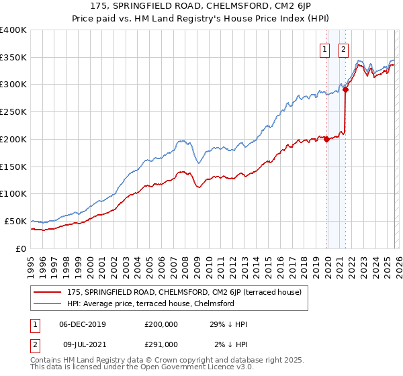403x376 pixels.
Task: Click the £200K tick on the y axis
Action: (x=13, y=139)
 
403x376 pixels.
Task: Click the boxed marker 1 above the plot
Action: (x=325, y=48)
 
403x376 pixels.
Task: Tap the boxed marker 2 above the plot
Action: (x=344, y=48)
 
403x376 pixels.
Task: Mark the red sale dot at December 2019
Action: (x=326, y=139)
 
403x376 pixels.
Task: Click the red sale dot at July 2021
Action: (x=345, y=89)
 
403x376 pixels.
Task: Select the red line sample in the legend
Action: (x=48, y=292)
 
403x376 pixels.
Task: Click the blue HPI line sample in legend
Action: (x=48, y=303)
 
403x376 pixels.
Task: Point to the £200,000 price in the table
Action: (x=161, y=324)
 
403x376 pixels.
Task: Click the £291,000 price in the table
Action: (x=161, y=344)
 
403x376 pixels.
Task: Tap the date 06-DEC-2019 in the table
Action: (x=83, y=324)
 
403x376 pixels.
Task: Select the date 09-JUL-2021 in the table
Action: (x=82, y=344)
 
